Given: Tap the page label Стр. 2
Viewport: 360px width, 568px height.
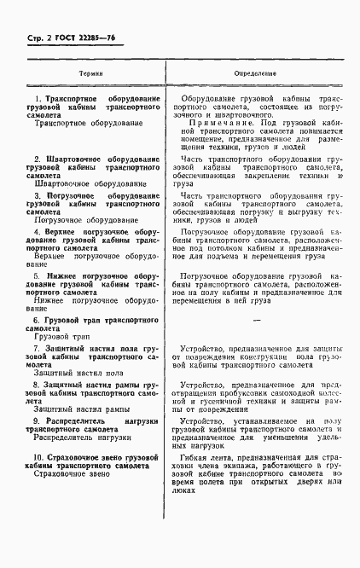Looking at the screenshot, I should point(31,38).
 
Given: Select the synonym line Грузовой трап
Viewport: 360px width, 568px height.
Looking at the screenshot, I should point(62,337).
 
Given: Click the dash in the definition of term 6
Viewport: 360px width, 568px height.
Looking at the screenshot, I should point(256,318).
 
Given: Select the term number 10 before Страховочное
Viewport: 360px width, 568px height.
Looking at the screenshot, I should point(38,457).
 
